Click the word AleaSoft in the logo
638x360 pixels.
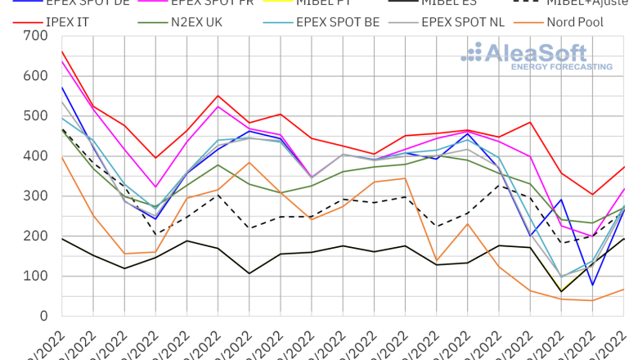click(x=537, y=54)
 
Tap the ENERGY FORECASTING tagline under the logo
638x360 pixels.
click(x=561, y=67)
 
